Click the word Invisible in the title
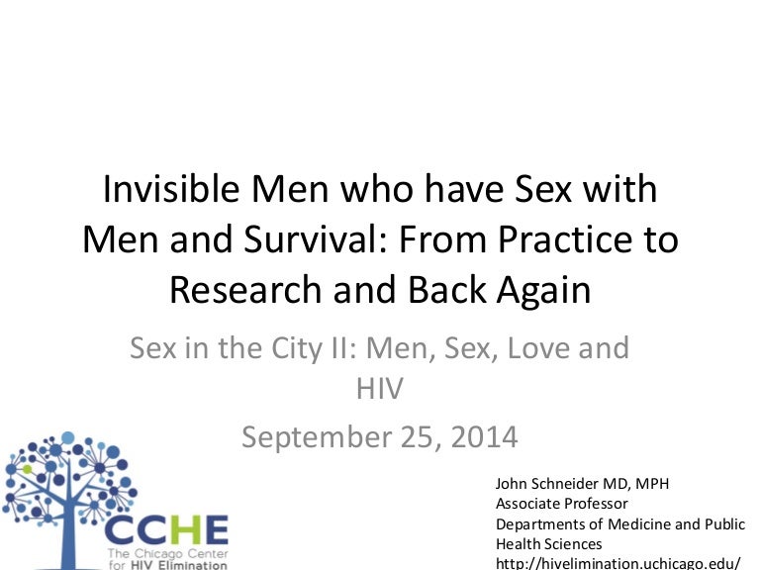pyautogui.click(x=171, y=188)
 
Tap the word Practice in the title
pyautogui.click(x=565, y=238)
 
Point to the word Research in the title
pyautogui.click(x=245, y=289)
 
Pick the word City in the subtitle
pyautogui.click(x=296, y=349)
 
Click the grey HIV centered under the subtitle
pyautogui.click(x=380, y=388)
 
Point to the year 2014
pyautogui.click(x=484, y=436)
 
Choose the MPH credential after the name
pyautogui.click(x=652, y=484)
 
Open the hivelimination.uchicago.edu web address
pyautogui.click(x=617, y=564)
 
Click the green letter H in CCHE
pyautogui.click(x=177, y=530)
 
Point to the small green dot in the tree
pyautogui.click(x=27, y=469)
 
